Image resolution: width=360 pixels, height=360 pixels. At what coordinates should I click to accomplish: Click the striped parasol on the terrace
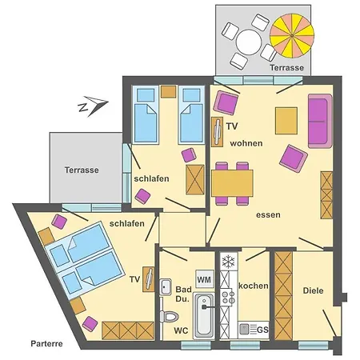pos(292,36)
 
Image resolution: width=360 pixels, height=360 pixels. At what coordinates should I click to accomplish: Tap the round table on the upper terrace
pos(249,42)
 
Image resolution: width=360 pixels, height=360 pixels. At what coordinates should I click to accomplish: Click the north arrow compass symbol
pos(93,106)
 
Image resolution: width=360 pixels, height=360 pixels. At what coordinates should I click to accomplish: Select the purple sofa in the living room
pos(320,121)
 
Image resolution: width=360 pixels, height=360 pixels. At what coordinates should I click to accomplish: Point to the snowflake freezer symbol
pos(229,261)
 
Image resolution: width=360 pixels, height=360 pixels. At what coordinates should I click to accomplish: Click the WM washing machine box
pos(205,279)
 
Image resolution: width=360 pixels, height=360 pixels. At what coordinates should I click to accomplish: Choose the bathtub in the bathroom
pos(204,315)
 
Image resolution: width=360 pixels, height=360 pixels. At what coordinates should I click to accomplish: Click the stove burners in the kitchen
pos(228,298)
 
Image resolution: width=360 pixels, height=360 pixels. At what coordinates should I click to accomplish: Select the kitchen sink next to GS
pos(244,329)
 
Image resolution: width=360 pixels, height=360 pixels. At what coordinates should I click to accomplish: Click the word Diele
pos(313,290)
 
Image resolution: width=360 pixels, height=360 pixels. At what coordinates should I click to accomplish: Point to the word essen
pos(268,215)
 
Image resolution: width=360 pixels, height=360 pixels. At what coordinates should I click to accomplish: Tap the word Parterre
pos(46,343)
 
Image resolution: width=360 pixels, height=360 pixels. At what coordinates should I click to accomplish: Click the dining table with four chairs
pos(232,183)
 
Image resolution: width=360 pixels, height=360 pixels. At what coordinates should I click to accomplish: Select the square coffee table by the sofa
pos(286,121)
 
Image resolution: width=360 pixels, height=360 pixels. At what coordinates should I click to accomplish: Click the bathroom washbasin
pos(166,286)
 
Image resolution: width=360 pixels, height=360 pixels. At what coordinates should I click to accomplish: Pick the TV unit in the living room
pos(217,132)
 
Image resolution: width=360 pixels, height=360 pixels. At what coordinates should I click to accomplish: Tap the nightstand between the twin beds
pos(168,91)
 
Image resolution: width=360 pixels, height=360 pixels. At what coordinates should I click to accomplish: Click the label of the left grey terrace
pos(82,170)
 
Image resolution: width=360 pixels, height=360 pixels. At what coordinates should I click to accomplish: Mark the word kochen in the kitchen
pos(254,286)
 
